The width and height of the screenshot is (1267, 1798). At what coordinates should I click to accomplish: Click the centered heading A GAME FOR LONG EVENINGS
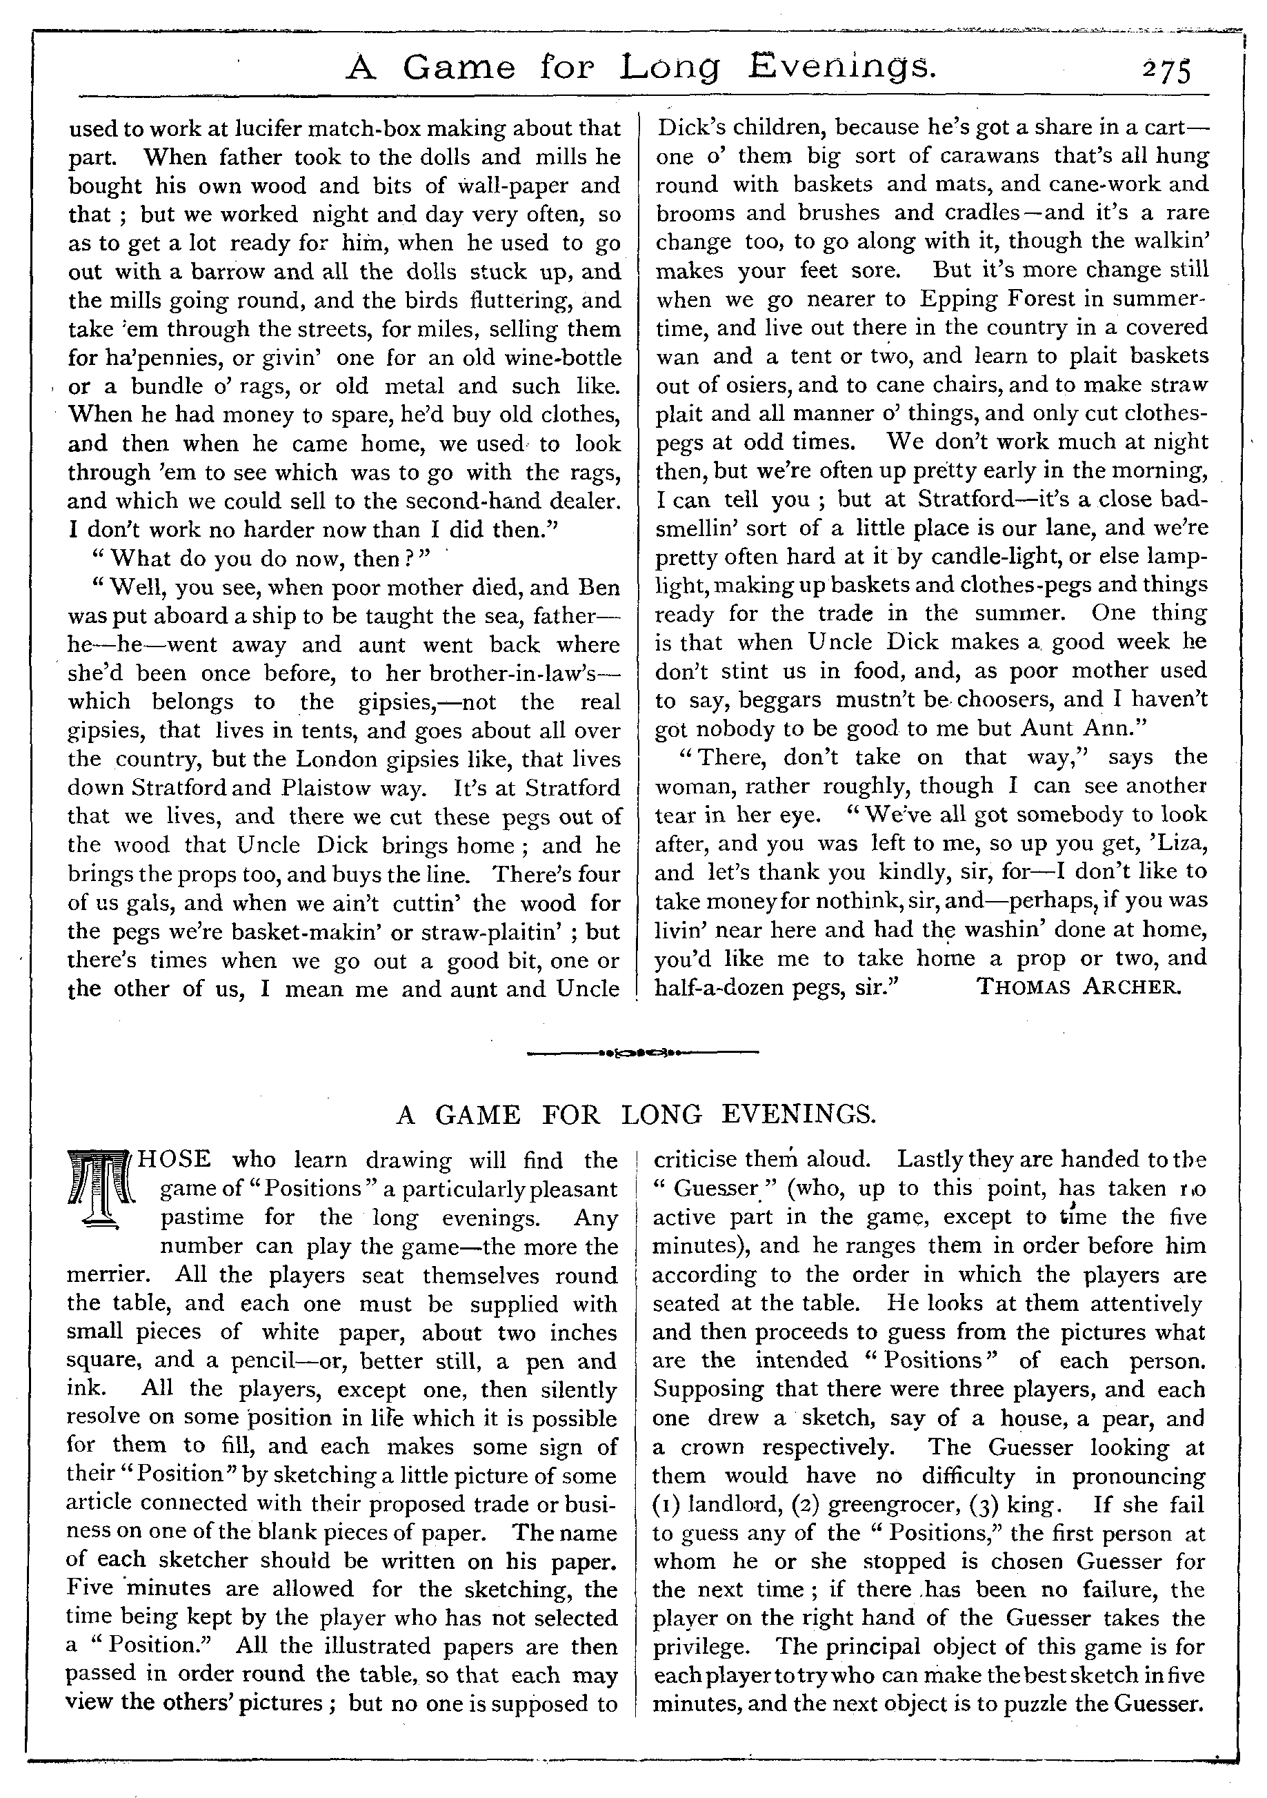(x=635, y=1114)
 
